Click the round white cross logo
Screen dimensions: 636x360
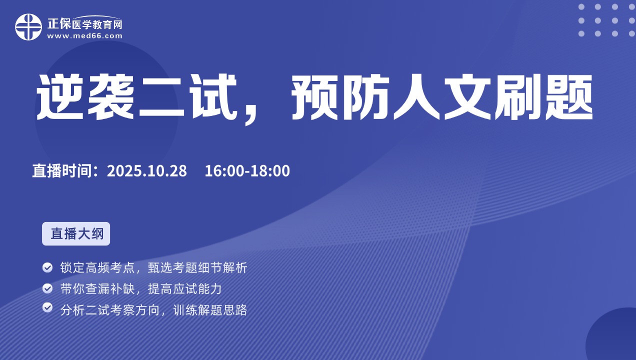(x=28, y=27)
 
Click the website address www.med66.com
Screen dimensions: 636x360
(x=84, y=36)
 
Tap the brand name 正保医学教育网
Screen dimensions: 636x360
(x=84, y=24)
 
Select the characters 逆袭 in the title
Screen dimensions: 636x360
(x=85, y=97)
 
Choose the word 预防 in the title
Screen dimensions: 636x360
(x=340, y=97)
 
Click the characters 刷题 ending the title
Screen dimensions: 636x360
(x=544, y=97)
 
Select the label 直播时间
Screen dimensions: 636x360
(x=61, y=171)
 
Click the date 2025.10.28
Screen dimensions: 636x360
(x=147, y=171)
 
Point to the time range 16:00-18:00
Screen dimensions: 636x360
(x=247, y=171)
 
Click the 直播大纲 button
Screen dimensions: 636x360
(x=76, y=233)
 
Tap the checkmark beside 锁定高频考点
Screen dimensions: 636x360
(x=47, y=267)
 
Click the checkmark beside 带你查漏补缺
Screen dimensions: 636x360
(x=47, y=288)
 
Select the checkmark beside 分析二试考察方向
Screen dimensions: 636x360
(x=47, y=307)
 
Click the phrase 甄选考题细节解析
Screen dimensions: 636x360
(x=197, y=267)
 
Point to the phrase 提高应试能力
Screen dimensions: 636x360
(x=184, y=289)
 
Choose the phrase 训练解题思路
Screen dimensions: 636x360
(x=210, y=310)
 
